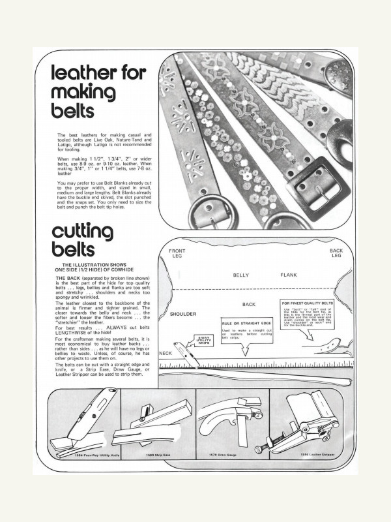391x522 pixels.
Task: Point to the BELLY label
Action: pyautogui.click(x=241, y=275)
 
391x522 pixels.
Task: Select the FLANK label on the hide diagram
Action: pyautogui.click(x=289, y=275)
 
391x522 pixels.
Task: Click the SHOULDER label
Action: pyautogui.click(x=183, y=314)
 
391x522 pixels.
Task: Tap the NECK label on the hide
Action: pyautogui.click(x=166, y=352)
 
